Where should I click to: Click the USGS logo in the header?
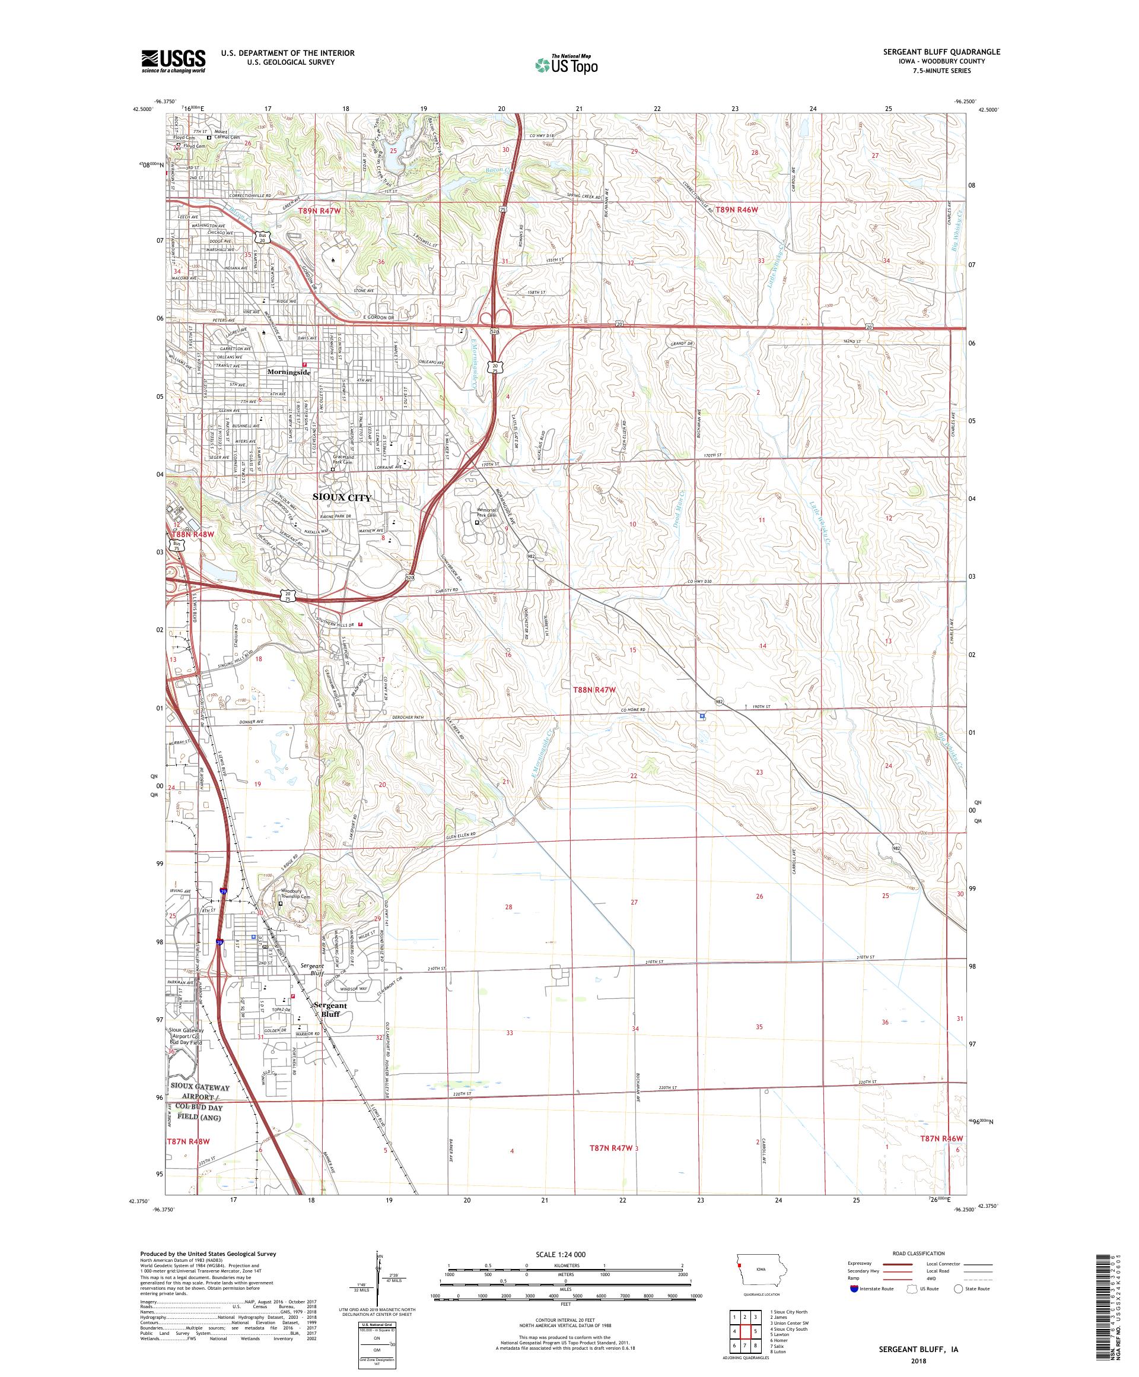(174, 62)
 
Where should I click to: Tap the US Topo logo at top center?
(567, 64)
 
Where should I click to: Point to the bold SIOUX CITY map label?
(342, 498)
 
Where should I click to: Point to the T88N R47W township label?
(594, 690)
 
